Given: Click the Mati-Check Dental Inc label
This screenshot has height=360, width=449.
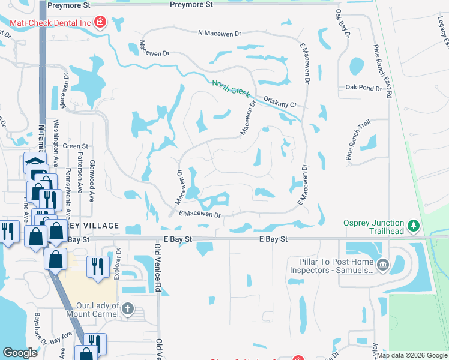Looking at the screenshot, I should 50,23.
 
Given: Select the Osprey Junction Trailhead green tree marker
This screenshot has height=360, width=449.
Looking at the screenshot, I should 413,226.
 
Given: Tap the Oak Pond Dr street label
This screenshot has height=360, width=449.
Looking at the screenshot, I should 363,88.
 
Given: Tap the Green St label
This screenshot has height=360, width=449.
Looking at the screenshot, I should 76,146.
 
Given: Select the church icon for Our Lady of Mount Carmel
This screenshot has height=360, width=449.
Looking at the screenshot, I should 127,309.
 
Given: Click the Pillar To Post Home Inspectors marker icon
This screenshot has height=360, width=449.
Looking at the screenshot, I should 383,264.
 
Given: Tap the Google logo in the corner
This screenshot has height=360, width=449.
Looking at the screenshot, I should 20,353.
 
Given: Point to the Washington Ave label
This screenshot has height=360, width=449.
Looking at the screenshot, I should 54,146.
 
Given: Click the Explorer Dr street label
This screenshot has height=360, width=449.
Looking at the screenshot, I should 118,264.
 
